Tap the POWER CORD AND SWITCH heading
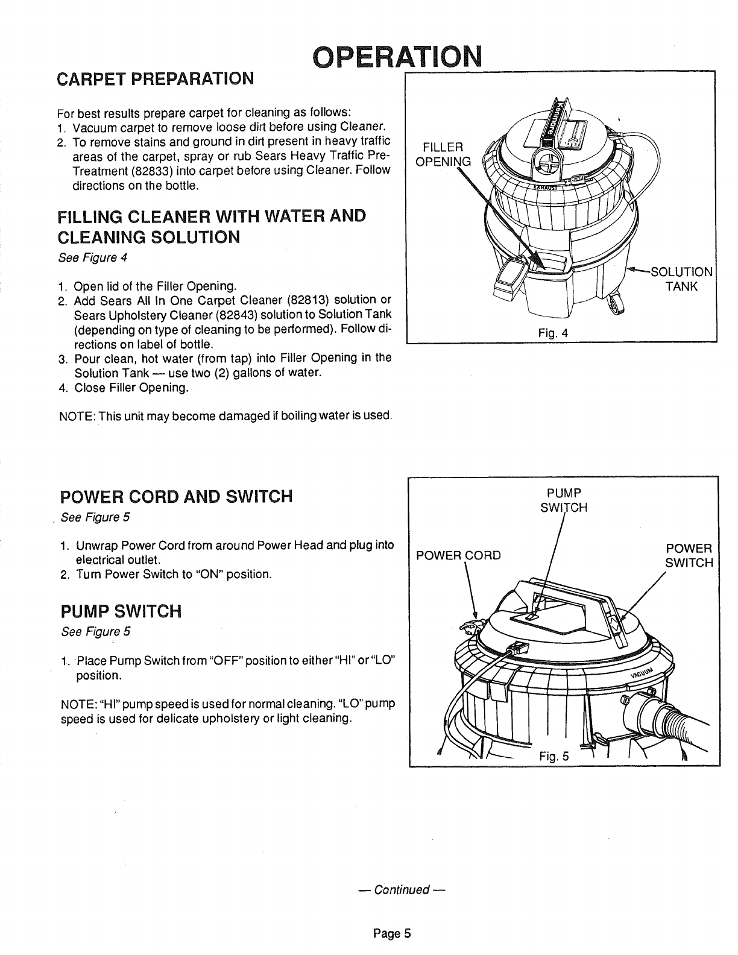(x=177, y=496)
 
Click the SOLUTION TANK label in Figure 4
(x=681, y=278)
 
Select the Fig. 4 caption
(x=555, y=333)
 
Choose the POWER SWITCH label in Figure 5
(x=689, y=555)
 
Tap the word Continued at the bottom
(x=401, y=890)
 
